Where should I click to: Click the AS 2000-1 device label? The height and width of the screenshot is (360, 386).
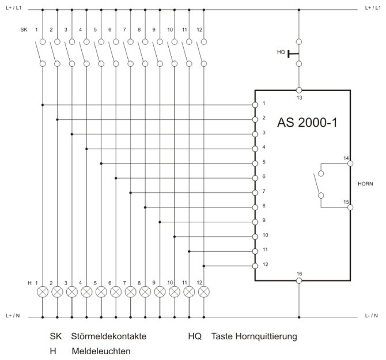(307, 122)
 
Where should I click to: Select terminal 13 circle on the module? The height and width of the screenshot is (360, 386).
(299, 90)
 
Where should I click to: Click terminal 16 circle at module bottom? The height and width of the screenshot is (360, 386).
(299, 281)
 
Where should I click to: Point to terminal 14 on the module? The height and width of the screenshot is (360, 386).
(350, 164)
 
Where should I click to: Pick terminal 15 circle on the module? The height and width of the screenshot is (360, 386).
(350, 207)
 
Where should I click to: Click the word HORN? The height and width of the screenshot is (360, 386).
(365, 184)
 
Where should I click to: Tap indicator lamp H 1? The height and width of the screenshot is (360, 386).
(43, 292)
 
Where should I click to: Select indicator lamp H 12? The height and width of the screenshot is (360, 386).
(204, 292)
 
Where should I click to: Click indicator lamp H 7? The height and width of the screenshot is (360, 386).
(130, 292)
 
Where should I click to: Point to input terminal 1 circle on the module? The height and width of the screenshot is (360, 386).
(255, 105)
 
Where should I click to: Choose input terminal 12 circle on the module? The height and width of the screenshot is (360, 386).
(255, 266)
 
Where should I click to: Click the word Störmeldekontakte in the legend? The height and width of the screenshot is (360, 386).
(109, 336)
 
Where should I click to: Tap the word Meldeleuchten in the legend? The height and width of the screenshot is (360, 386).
(101, 351)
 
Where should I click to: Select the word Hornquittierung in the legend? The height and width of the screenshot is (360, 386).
(266, 336)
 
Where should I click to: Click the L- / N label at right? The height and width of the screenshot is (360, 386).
(371, 316)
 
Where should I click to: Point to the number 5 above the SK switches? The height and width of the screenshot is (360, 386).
(95, 30)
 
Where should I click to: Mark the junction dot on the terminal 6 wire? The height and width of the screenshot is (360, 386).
(116, 178)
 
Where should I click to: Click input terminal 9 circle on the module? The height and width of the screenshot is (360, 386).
(255, 222)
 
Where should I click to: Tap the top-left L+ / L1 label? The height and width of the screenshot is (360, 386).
(14, 8)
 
